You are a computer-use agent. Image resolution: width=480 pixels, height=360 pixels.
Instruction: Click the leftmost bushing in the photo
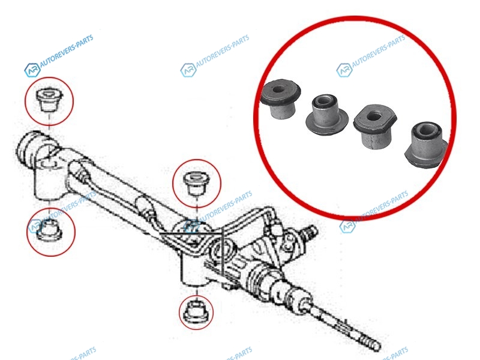point(280,100)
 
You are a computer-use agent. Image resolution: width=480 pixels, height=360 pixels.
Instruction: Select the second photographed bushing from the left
point(326,115)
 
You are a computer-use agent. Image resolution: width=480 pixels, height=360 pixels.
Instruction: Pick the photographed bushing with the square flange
point(374,126)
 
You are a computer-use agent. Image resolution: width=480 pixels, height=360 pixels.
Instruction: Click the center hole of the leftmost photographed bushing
point(278,90)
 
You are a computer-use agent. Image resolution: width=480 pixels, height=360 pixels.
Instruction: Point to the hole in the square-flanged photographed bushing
point(374,116)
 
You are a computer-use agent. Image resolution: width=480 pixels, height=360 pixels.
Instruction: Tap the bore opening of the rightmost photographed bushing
point(424,131)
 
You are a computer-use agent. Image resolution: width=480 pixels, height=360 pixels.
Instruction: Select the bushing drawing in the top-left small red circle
point(49,100)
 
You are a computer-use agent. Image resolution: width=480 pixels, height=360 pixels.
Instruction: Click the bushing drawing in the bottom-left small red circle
point(49,231)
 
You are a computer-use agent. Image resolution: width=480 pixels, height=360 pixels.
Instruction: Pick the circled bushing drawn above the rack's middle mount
point(196,184)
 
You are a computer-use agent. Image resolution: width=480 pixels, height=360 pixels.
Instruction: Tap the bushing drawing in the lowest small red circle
point(196,312)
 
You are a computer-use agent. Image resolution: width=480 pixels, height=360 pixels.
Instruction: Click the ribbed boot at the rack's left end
point(28,151)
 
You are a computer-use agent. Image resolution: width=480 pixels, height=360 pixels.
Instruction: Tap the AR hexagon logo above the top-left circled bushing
point(32,70)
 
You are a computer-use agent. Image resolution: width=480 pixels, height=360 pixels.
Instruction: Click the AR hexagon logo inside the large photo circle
point(344,70)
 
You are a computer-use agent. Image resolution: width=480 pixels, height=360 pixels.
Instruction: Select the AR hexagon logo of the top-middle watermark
point(188,70)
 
